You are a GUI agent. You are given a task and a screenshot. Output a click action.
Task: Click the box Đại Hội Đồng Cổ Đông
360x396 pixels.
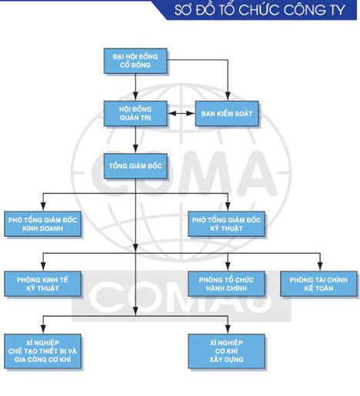point(135,62)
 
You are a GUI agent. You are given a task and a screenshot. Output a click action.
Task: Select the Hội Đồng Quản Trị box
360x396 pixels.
point(135,115)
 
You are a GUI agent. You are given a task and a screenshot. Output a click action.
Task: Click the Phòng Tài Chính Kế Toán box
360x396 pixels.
point(318,283)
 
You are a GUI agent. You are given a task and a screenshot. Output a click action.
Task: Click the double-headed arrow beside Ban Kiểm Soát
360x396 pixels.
point(179,115)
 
